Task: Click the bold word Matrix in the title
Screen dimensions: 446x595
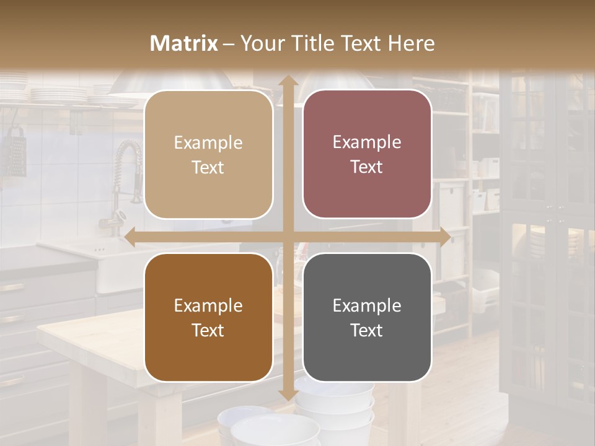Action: click(x=184, y=43)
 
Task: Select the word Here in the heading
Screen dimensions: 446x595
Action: click(x=411, y=43)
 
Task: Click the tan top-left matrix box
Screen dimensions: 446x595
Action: click(x=208, y=154)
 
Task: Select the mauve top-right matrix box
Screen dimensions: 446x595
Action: click(x=367, y=154)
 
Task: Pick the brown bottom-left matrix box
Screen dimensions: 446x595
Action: click(x=208, y=317)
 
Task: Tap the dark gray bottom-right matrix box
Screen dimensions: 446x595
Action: click(x=367, y=317)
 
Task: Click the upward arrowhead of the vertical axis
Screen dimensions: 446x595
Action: click(x=288, y=81)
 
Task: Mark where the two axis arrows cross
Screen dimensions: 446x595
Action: click(x=288, y=237)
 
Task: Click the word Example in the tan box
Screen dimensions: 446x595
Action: click(x=208, y=143)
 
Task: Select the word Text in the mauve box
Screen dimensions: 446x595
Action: click(x=367, y=167)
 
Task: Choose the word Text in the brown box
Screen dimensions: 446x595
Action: click(x=208, y=330)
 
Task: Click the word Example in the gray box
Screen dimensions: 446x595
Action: click(x=367, y=305)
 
